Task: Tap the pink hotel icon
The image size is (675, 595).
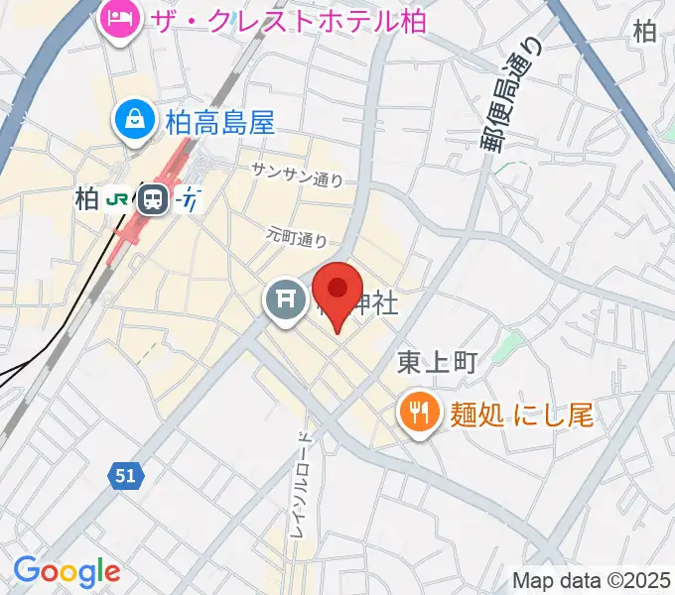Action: (121, 20)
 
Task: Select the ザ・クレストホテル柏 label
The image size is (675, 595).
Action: (288, 20)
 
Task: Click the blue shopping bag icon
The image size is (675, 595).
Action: (133, 122)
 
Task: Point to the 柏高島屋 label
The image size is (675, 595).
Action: (219, 122)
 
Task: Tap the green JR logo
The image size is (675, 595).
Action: (116, 199)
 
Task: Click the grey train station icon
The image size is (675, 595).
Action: (153, 199)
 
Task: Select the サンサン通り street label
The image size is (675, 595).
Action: (297, 174)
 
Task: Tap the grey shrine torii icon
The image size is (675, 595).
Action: (286, 300)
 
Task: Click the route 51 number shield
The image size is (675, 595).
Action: (125, 476)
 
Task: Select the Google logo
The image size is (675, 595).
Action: (67, 571)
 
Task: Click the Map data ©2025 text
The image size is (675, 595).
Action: (592, 580)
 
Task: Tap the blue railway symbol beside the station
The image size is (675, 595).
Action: (191, 199)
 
